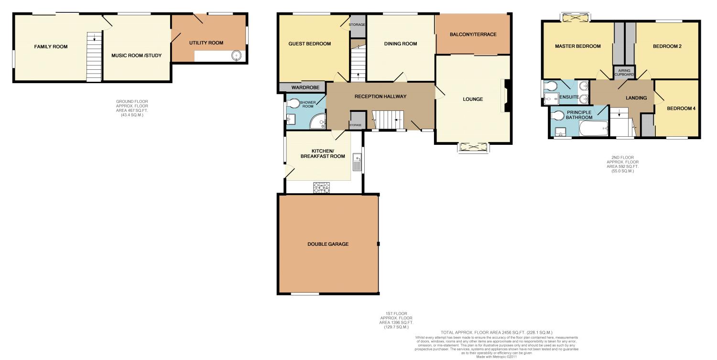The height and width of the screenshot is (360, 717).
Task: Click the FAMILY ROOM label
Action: point(51,47)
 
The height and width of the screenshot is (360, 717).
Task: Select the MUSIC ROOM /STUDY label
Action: point(136,55)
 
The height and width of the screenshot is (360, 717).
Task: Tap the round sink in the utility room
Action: point(236,56)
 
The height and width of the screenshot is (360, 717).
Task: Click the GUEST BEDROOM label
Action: point(309,44)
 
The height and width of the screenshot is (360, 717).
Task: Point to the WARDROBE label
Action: point(302,88)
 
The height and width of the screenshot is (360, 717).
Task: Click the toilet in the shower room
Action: point(293,103)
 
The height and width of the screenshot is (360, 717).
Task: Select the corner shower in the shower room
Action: point(318,123)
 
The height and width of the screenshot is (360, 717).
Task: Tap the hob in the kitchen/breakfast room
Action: point(322,188)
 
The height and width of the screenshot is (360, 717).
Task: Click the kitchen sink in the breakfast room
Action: point(356,163)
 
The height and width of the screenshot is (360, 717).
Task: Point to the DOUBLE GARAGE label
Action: point(327,244)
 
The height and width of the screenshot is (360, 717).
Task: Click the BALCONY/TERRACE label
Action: point(473,34)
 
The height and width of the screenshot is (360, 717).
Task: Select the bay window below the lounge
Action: point(474,148)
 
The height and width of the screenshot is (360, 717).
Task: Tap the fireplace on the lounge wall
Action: point(506,96)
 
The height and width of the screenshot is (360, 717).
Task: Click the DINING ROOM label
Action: point(401,44)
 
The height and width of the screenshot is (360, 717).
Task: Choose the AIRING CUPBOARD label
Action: point(624,72)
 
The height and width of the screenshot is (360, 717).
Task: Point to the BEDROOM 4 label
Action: point(681,109)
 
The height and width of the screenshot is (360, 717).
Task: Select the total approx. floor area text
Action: point(496,332)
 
